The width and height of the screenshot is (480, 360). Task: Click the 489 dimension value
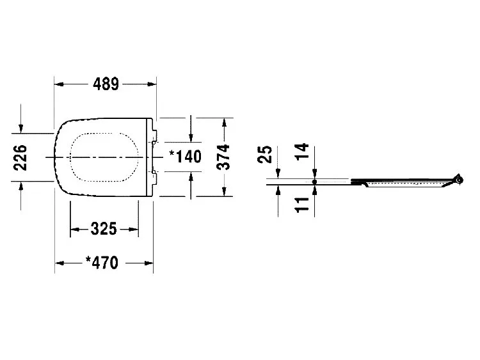[x=106, y=84]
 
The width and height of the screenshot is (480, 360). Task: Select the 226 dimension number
[x=20, y=157]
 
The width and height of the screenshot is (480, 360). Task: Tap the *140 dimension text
[x=186, y=157]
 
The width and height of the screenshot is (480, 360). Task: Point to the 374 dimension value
[x=223, y=157]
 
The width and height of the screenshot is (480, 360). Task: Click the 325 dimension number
[x=104, y=229]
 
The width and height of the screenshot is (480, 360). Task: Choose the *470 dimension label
[x=102, y=263]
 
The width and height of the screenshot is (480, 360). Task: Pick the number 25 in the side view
[x=265, y=154]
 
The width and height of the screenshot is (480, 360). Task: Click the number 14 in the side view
[x=302, y=152]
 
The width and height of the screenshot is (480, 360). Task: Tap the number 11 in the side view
[x=302, y=205]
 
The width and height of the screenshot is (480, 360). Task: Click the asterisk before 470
[x=88, y=260]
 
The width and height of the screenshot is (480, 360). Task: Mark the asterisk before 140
[x=173, y=153]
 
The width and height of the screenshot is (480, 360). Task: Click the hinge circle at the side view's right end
[x=459, y=180]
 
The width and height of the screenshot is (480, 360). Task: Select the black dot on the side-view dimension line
[x=314, y=182]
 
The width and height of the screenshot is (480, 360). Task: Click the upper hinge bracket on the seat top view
[x=155, y=135]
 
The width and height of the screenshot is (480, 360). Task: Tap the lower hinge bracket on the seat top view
[x=155, y=178]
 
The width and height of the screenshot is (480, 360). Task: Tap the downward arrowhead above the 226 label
[x=21, y=129]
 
